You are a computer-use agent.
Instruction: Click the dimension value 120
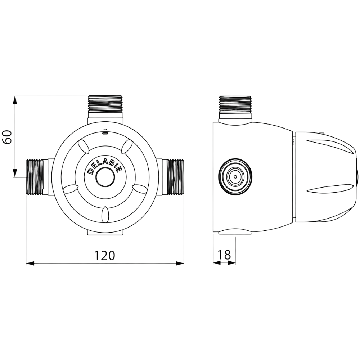pyautogui.click(x=105, y=255)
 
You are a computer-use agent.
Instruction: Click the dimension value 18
pyautogui.click(x=224, y=255)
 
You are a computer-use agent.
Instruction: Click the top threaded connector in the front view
pyautogui.click(x=105, y=104)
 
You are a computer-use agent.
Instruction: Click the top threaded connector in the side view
pyautogui.click(x=235, y=104)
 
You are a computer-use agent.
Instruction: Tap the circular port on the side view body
pyautogui.click(x=235, y=176)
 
